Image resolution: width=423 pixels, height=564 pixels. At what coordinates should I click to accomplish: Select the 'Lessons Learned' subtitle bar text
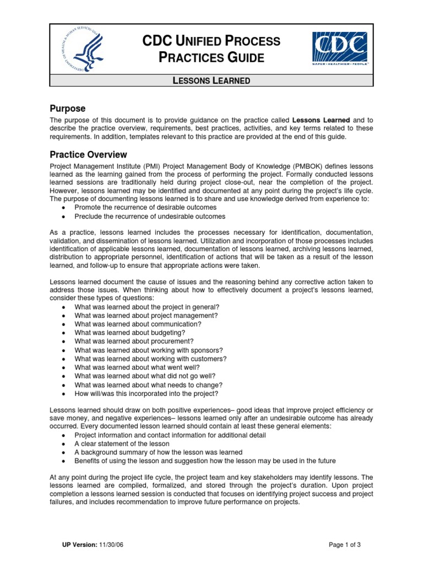click(211, 80)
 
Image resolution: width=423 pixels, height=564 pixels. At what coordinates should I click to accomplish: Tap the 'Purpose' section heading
click(67, 109)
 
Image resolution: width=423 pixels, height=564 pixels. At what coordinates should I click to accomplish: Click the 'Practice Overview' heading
click(88, 155)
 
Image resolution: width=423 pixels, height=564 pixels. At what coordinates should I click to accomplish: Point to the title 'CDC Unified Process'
click(211, 41)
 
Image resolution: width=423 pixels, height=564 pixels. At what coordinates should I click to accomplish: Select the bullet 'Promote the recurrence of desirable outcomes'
click(145, 207)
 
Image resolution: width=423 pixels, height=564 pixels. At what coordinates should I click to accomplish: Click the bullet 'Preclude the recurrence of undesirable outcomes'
click(150, 216)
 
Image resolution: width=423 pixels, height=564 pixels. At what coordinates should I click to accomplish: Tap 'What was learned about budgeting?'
click(129, 333)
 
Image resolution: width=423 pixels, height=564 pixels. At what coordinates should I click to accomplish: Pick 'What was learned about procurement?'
click(134, 341)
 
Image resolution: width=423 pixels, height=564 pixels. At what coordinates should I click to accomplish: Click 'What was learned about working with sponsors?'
click(149, 350)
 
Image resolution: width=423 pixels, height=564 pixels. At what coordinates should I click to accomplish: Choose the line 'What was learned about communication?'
click(138, 324)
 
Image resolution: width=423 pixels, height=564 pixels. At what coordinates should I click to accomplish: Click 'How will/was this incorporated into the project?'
click(147, 394)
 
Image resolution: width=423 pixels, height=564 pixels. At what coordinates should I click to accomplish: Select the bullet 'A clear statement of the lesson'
click(122, 443)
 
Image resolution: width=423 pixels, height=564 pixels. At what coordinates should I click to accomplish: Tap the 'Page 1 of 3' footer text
click(344, 545)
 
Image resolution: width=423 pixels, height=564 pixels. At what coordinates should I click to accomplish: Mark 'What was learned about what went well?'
click(137, 367)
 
